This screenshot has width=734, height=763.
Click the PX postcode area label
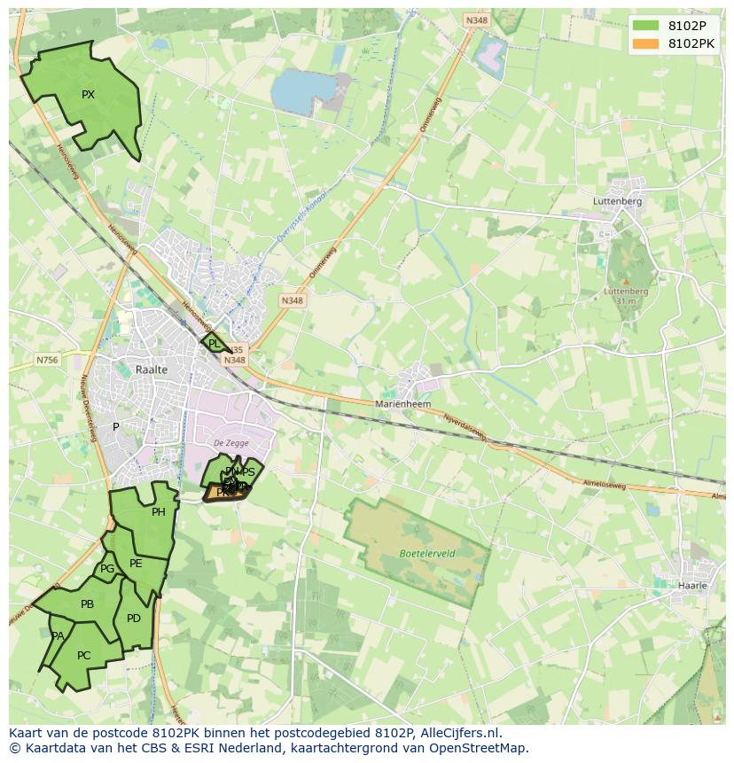88,95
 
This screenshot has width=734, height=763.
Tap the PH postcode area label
159,512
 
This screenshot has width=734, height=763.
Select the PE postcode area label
136,564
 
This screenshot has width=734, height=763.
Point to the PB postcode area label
87,604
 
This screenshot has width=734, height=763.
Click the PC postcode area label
83,656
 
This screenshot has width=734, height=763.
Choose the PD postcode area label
134,619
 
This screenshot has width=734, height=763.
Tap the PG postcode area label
107,570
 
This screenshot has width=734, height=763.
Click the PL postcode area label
214,344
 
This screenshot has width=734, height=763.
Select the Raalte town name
152,370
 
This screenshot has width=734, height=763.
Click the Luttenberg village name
617,201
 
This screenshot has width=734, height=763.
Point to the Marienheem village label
402,403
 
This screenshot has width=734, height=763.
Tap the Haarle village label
692,586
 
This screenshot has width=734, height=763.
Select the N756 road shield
47,360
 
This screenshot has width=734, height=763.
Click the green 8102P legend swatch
646,26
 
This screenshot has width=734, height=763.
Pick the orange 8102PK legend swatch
646,43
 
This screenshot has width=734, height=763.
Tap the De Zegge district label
231,443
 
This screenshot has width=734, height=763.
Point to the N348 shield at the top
476,20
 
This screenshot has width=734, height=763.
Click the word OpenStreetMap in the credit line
480,748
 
